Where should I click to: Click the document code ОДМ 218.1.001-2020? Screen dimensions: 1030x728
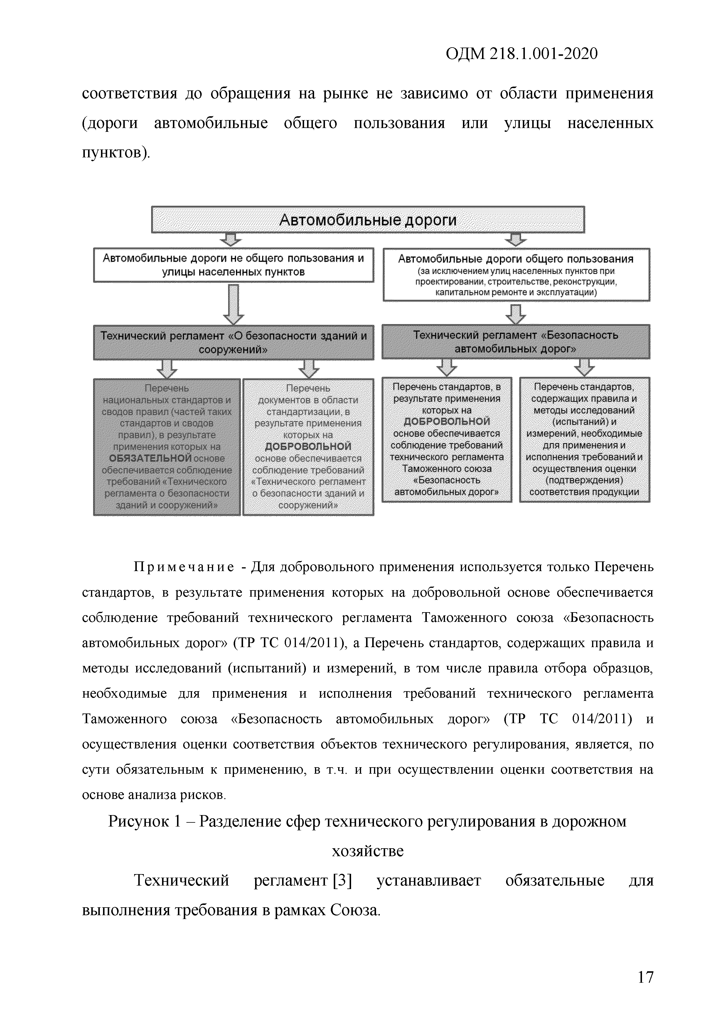tap(522, 54)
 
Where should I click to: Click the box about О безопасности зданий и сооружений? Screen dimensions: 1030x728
tap(233, 342)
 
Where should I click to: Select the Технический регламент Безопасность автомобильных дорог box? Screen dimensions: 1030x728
tap(516, 341)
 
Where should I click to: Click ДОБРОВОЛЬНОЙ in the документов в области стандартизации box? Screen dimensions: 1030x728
tap(308, 446)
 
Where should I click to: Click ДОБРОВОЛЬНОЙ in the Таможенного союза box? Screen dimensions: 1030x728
tap(447, 421)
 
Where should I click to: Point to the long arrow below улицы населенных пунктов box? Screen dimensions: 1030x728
tap(234, 304)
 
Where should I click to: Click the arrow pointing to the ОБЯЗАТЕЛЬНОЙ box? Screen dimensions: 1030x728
tap(167, 369)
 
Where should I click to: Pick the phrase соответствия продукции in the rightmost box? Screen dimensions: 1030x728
tap(584, 492)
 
